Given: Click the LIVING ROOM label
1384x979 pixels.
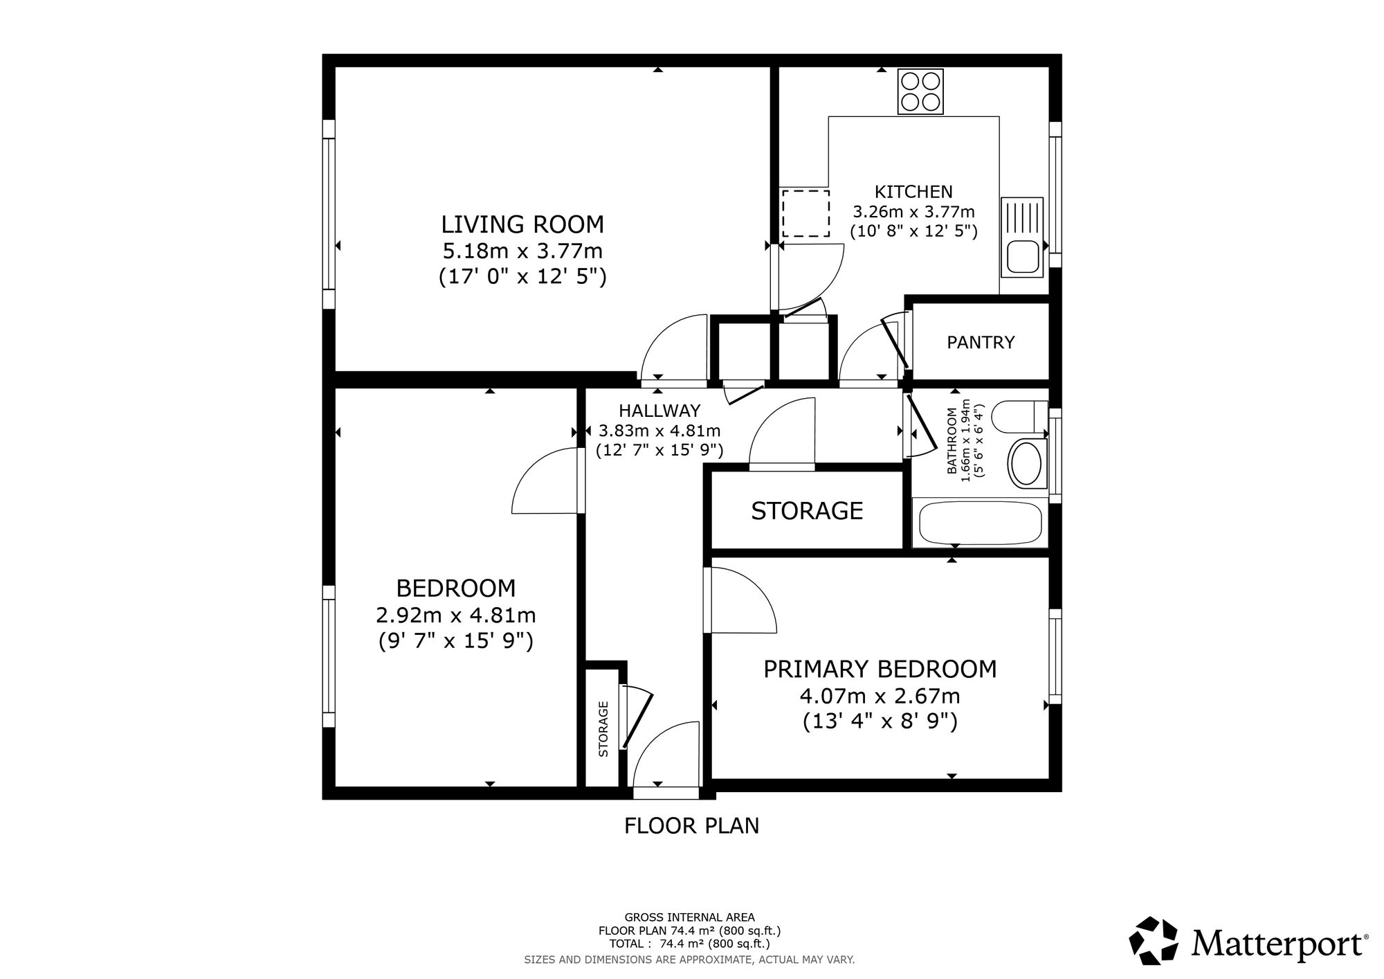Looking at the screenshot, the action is [x=522, y=225].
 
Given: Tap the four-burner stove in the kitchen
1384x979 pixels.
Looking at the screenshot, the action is [x=920, y=92].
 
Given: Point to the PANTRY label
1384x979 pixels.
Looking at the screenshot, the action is [x=981, y=342].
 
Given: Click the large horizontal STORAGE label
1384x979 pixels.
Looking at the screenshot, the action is [x=807, y=511].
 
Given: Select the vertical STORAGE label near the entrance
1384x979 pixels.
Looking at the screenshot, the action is [x=603, y=729].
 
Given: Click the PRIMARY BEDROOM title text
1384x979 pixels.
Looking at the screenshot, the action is [x=880, y=670].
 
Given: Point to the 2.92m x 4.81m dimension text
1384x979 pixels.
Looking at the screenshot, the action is [x=456, y=615].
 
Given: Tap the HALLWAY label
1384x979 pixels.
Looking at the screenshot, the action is [x=659, y=411].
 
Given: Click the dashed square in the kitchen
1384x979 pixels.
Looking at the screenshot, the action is [x=805, y=213].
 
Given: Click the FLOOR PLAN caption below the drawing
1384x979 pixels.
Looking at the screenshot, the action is [x=692, y=826].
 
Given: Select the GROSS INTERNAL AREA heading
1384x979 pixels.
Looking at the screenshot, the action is [x=690, y=918].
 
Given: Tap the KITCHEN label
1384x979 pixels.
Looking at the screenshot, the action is [x=913, y=192].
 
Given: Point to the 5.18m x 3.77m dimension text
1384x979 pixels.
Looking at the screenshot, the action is [x=522, y=251].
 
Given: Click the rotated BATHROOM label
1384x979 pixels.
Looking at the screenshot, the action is [x=952, y=440].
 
